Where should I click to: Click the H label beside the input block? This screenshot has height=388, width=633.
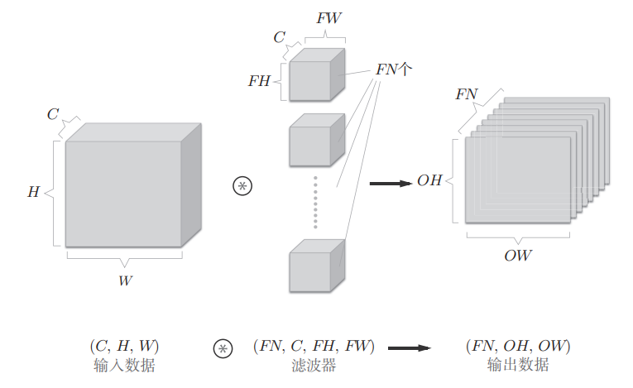pos(33,191)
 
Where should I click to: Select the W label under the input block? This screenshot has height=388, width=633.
pos(125,280)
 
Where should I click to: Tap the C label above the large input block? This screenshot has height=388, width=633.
pos(53,114)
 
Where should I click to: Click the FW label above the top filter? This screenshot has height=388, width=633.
pos(329,18)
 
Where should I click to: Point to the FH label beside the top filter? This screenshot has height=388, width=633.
pos(259,81)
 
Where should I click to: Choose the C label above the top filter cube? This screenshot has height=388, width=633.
pos(280,37)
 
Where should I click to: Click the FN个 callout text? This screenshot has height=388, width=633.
pos(394,69)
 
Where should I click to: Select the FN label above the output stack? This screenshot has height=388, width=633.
pos(467,94)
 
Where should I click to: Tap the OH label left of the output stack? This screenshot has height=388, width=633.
pos(429,180)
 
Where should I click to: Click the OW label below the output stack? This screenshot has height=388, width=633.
pos(518,256)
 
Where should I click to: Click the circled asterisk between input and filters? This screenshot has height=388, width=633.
pos(242,186)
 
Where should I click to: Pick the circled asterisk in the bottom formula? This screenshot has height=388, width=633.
pos(223,348)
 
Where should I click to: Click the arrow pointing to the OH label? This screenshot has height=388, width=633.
pos(391,184)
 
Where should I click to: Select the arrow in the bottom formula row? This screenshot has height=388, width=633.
pos(410,348)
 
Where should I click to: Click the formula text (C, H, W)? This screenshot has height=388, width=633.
pos(124,346)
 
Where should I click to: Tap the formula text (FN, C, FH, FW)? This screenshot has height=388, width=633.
pos(314,346)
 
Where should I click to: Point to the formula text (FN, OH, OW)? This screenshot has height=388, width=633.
pos(518,346)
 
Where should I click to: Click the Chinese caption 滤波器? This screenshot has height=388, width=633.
pos(314,366)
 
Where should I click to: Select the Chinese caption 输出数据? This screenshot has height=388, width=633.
pos(518,365)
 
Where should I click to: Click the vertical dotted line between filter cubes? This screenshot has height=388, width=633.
pos(315,203)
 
